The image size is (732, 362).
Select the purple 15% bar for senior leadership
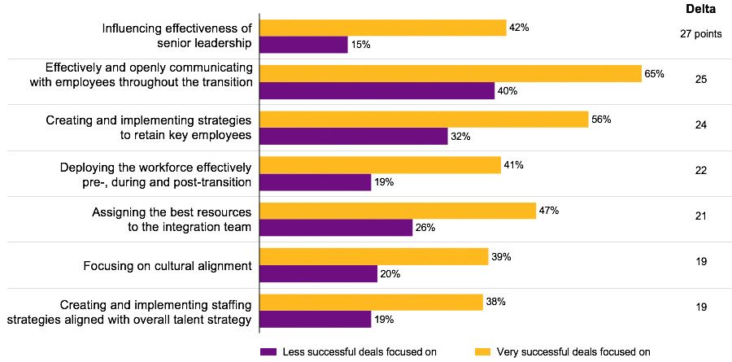point(303,45)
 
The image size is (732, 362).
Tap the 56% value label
point(601,119)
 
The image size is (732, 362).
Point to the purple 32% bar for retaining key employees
point(353,137)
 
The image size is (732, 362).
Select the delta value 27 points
point(700,34)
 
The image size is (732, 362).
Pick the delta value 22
point(700,171)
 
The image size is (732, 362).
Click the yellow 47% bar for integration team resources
point(398,211)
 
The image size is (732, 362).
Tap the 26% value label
point(425,228)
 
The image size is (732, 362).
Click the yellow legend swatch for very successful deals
point(483,351)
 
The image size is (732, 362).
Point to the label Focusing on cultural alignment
point(168,266)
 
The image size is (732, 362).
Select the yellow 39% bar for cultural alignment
point(373,257)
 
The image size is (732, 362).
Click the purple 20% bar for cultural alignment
point(318,274)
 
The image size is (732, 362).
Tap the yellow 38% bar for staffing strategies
point(371,302)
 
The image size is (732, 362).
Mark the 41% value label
point(513,165)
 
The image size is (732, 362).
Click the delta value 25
point(700,80)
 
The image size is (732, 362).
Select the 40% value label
point(508,91)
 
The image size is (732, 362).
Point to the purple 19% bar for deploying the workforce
point(316,182)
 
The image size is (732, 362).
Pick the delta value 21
point(700,216)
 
